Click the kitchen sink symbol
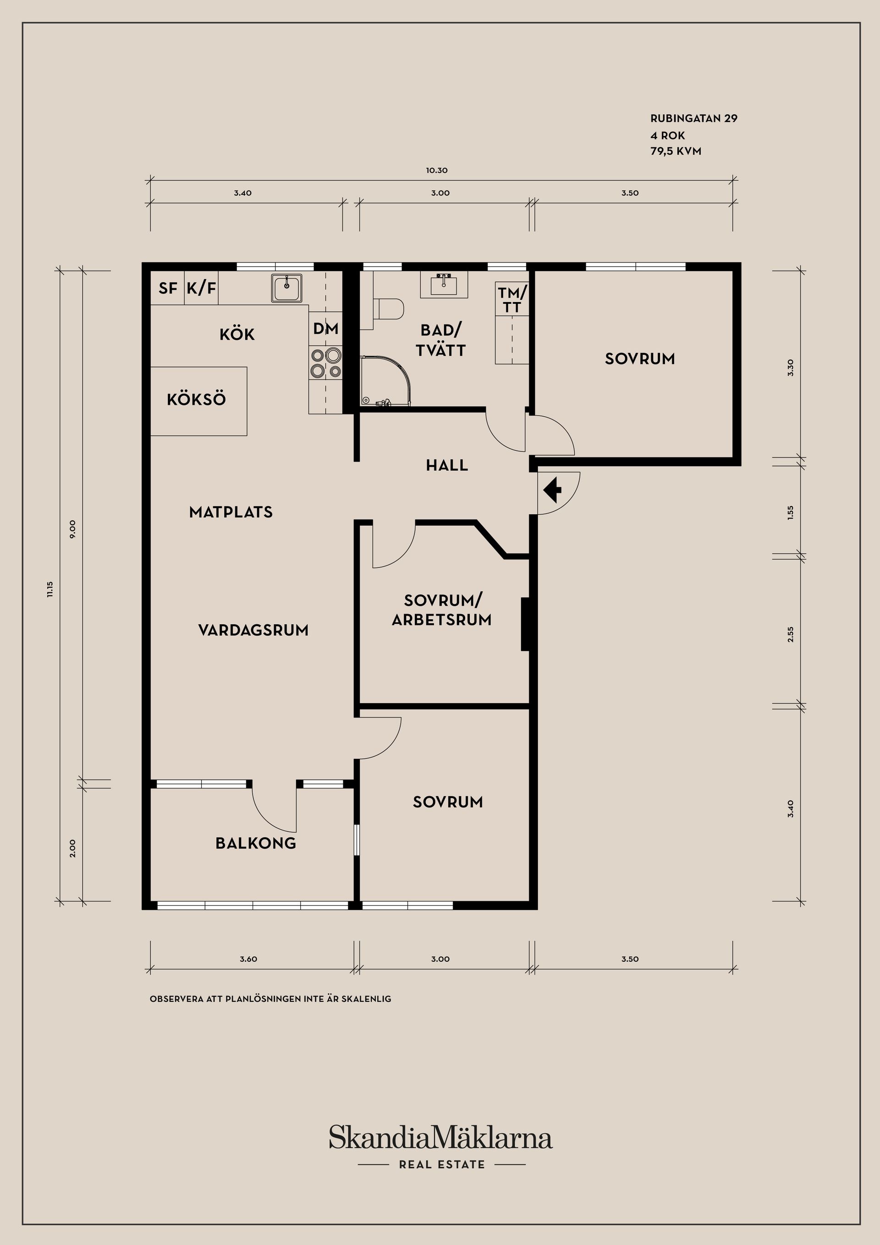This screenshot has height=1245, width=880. [x=287, y=287]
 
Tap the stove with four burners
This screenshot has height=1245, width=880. [x=326, y=363]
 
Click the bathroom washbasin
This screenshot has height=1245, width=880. [x=444, y=284]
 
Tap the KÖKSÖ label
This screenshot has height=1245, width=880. [x=196, y=400]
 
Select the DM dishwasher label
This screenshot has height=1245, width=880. [x=326, y=329]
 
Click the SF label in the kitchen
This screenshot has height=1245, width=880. [x=168, y=288]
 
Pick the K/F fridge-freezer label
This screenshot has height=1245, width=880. [x=202, y=288]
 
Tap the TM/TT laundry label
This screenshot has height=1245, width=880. [x=512, y=300]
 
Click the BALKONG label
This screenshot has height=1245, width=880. [x=256, y=843]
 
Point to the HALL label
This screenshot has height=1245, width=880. [x=447, y=465]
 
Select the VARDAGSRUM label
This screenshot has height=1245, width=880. [x=253, y=630]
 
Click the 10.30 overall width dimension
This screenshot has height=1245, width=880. [x=436, y=170]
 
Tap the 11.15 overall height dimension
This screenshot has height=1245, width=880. [x=50, y=589]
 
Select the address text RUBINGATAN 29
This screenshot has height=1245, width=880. [x=694, y=118]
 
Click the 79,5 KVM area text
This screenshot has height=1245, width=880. [x=676, y=151]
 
